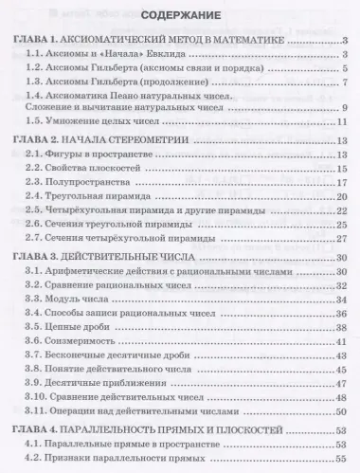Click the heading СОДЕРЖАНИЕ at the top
[x=179, y=17]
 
